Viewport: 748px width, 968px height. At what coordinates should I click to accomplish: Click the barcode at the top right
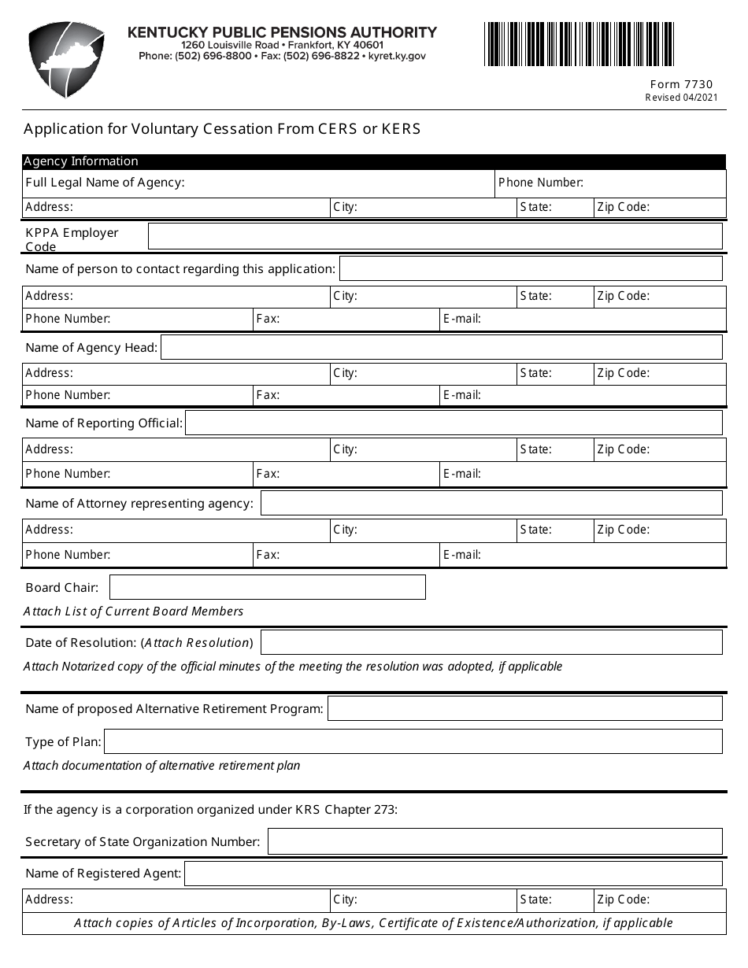(579, 44)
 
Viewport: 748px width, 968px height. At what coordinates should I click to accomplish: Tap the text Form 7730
(681, 84)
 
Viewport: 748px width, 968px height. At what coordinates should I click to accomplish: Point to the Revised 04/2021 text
(681, 98)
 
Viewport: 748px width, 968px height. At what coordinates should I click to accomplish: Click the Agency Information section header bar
(374, 161)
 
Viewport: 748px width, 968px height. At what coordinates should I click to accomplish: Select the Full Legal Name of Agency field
(339, 183)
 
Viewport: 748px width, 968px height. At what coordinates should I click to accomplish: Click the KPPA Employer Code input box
(435, 236)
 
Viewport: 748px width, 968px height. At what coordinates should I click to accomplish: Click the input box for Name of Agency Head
(441, 347)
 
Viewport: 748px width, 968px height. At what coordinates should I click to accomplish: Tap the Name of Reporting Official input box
(453, 423)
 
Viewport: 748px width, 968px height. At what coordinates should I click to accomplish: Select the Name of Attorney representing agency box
(491, 503)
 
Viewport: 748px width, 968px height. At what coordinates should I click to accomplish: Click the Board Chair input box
(267, 587)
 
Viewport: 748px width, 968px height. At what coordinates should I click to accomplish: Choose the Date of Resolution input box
(491, 642)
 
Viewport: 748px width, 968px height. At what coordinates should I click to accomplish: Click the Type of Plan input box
(413, 741)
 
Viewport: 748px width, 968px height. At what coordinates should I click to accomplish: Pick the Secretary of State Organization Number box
(494, 841)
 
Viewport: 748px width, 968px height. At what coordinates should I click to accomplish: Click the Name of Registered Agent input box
(453, 873)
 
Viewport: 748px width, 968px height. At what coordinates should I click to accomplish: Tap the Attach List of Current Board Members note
(134, 611)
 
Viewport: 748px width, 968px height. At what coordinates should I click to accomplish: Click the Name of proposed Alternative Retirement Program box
(524, 708)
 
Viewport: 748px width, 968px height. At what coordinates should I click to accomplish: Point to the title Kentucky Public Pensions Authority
(282, 32)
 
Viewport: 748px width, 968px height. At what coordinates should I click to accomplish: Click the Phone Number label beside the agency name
(540, 183)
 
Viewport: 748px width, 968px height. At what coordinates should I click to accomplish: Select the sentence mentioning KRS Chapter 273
(210, 809)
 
